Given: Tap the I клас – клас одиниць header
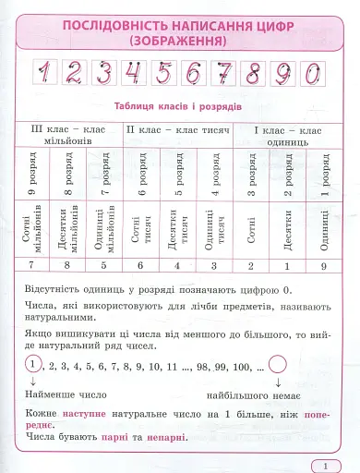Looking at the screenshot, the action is click(286, 136).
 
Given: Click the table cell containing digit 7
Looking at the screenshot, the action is click(33, 265).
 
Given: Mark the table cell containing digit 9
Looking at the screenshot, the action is click(325, 265).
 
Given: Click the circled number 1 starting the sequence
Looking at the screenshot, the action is click(35, 366).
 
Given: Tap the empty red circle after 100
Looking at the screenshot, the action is click(279, 367).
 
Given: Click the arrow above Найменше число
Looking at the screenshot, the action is click(35, 382).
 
